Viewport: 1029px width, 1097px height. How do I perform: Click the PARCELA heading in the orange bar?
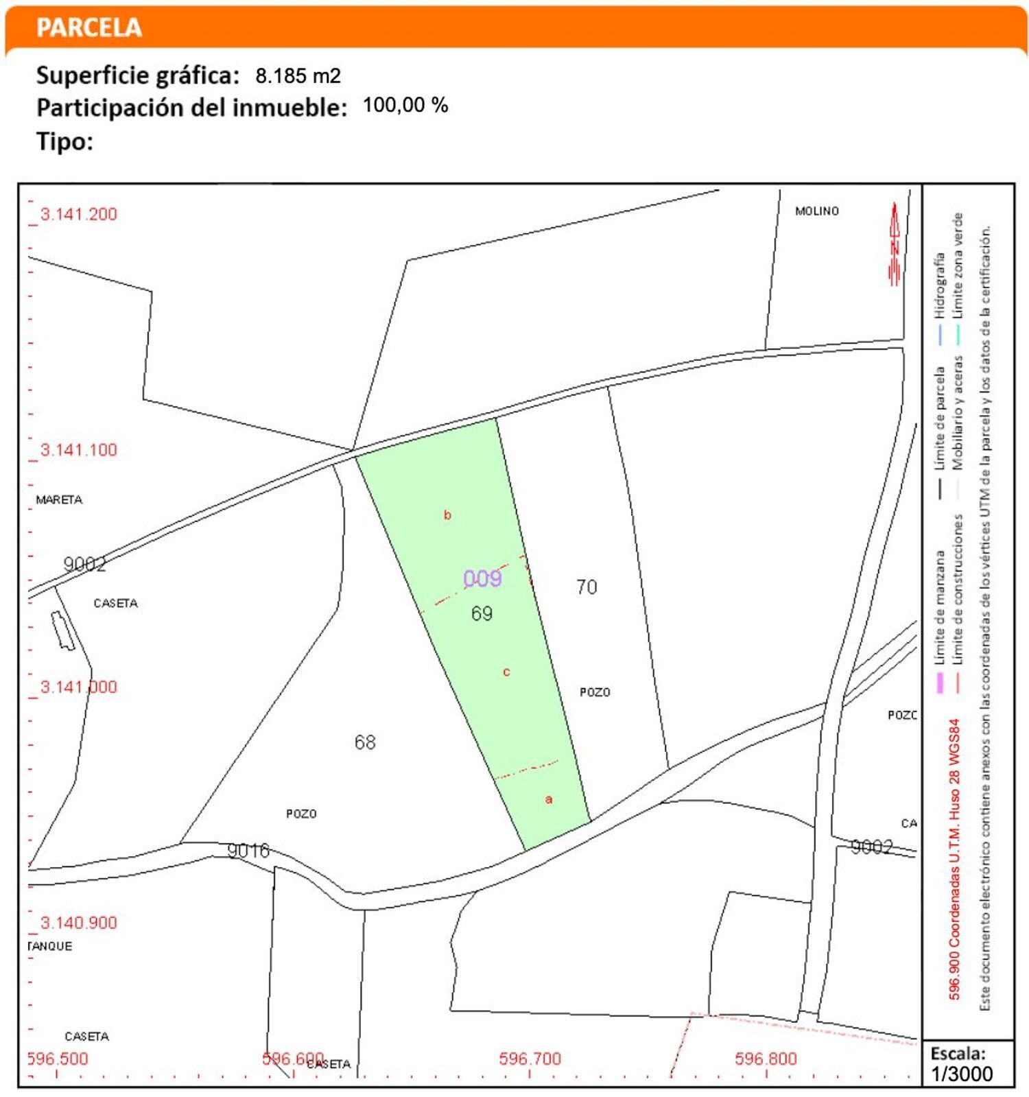pyautogui.click(x=88, y=27)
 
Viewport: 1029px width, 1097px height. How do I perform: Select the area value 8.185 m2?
pyautogui.click(x=298, y=75)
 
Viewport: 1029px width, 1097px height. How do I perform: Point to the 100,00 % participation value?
pyautogui.click(x=405, y=105)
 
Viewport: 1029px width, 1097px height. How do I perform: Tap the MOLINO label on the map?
pyautogui.click(x=816, y=211)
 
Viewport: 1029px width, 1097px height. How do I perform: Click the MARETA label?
pyautogui.click(x=59, y=499)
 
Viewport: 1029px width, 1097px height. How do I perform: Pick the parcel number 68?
pyautogui.click(x=365, y=742)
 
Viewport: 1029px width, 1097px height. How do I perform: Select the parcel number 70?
pyautogui.click(x=587, y=587)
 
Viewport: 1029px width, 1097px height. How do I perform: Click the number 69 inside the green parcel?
pyautogui.click(x=482, y=613)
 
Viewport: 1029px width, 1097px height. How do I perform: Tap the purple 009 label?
pyautogui.click(x=482, y=578)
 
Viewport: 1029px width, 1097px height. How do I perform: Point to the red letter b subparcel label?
pyautogui.click(x=447, y=515)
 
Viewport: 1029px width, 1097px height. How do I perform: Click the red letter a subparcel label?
pyautogui.click(x=548, y=799)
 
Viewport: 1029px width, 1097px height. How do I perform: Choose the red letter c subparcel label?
pyautogui.click(x=506, y=672)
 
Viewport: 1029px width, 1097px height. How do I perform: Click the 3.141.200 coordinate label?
pyautogui.click(x=78, y=214)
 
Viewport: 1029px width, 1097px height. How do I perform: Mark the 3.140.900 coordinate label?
pyautogui.click(x=78, y=923)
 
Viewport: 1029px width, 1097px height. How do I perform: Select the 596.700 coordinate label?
pyautogui.click(x=530, y=1059)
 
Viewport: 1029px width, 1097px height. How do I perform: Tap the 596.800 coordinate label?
pyautogui.click(x=766, y=1059)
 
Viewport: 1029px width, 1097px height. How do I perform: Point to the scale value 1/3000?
pyautogui.click(x=962, y=1074)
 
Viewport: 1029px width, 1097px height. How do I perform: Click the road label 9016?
pyautogui.click(x=248, y=851)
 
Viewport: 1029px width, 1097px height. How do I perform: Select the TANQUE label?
pyautogui.click(x=50, y=946)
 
